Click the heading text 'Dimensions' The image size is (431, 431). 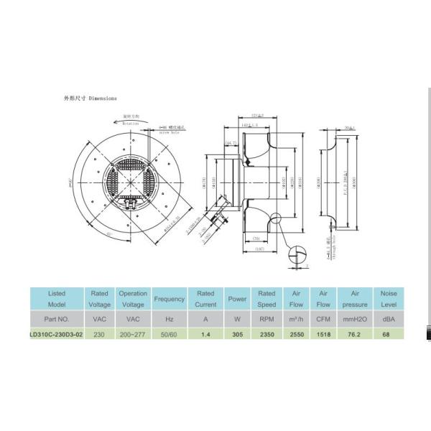102,98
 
